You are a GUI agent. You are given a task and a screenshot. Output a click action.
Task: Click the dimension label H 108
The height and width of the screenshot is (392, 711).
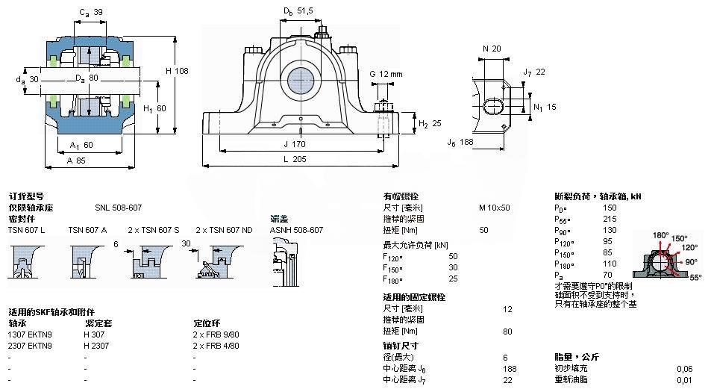point(177,71)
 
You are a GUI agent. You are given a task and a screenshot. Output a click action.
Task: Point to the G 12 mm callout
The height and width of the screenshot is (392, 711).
point(385,74)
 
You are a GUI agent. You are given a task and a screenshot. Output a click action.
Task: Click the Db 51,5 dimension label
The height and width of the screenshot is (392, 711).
point(296,11)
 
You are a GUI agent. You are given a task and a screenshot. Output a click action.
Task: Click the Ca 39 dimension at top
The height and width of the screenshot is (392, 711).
point(90,13)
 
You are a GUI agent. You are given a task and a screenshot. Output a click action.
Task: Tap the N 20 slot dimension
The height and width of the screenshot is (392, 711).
point(492,49)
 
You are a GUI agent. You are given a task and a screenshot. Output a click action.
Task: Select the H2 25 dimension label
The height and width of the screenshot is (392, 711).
point(429,123)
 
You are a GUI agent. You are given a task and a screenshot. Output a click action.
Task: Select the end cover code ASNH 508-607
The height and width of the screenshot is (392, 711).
point(297,230)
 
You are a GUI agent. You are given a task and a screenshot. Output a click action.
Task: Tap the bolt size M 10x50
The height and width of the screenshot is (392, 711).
point(494,207)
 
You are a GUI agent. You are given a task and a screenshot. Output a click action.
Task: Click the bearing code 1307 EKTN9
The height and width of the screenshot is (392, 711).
point(30,335)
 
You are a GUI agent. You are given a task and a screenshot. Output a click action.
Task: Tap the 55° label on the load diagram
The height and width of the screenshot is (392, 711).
point(696,276)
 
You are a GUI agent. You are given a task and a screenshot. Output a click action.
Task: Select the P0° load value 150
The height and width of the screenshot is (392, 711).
point(610,208)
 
